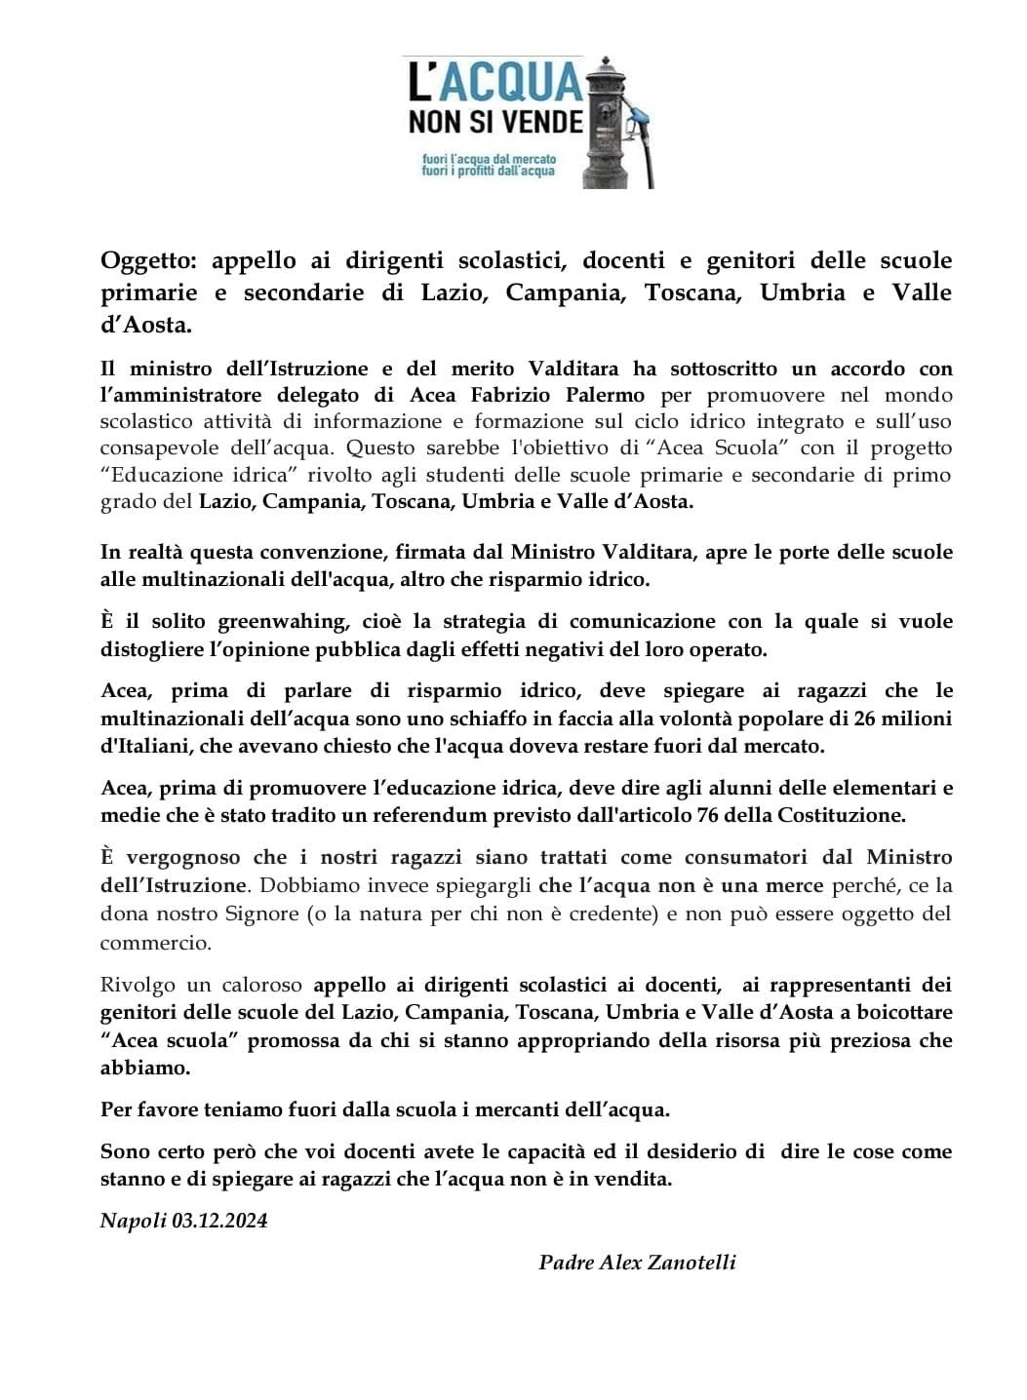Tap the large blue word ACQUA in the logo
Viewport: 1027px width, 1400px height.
(x=508, y=85)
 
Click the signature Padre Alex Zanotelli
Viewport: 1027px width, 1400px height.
(x=637, y=1264)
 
